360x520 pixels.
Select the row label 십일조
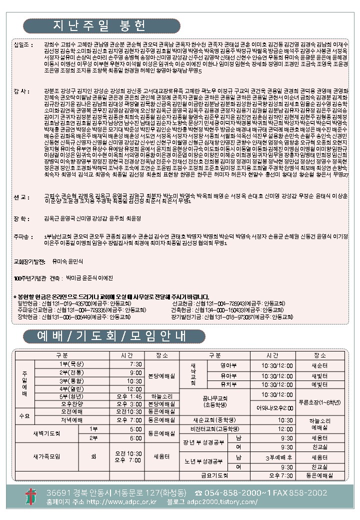23,44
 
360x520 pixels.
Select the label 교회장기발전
30,261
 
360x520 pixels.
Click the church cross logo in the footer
30,496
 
